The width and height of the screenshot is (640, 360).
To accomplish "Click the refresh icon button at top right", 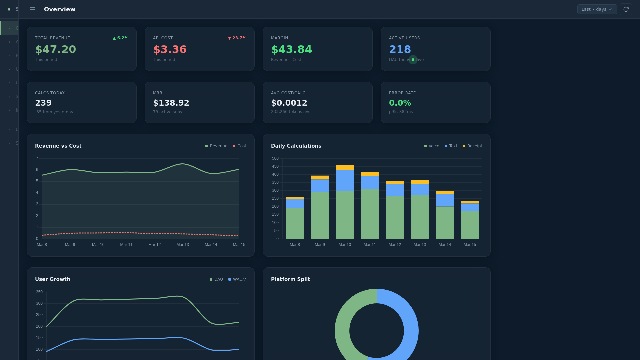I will pos(626,9).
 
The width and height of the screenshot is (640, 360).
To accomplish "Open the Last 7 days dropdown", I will pos(597,9).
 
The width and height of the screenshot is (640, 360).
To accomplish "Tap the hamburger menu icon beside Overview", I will pos(33,9).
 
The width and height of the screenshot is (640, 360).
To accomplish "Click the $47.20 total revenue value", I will pos(56,49).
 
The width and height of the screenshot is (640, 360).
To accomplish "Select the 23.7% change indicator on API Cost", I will pos(237,38).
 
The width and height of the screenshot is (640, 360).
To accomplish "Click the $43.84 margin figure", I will pos(291,49).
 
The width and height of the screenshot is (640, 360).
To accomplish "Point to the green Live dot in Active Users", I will pos(413,60).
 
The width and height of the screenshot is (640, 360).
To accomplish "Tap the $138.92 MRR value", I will pos(171,103).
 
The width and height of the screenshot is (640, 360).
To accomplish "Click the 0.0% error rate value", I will pos(400,103).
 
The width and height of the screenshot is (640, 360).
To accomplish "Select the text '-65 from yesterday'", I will pos(54,112).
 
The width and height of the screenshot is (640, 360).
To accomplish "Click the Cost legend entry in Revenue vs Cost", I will pos(239,146).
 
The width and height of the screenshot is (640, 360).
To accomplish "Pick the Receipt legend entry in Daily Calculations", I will pos(472,146).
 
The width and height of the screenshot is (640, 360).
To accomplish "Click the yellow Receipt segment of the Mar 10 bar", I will pos(345,167).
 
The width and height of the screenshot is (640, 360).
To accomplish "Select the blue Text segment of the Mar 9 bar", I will pos(320,185).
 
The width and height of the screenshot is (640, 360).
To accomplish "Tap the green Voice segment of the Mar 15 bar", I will pos(470,224).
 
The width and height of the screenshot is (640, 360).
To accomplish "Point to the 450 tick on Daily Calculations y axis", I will pos(275,166).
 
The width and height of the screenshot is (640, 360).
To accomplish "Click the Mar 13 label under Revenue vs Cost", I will pos(183,245).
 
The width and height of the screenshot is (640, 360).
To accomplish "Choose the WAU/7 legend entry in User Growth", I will pos(237,279).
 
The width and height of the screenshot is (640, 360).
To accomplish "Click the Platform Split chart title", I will pos(290,279).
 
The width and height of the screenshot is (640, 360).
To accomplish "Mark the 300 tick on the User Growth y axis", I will pos(39,303).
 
